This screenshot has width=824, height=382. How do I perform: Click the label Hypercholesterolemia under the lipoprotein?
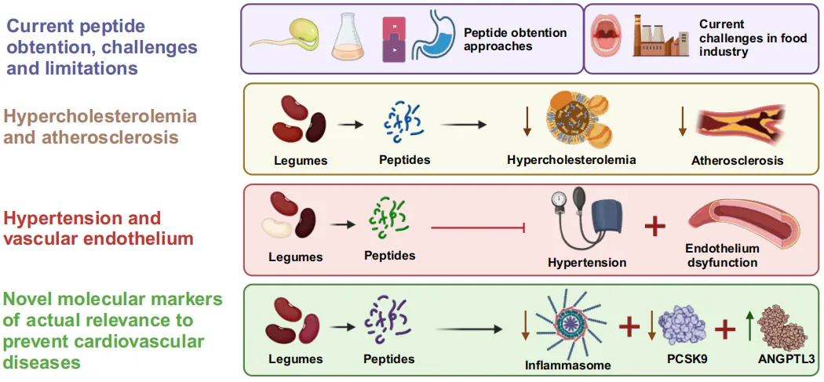[571, 160]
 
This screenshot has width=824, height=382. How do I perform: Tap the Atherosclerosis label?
[737, 161]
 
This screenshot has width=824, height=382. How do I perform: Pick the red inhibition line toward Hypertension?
[478, 228]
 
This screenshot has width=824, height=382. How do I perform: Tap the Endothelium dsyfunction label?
[723, 256]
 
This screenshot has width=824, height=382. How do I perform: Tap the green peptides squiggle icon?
[387, 220]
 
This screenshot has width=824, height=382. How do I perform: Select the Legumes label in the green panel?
[296, 359]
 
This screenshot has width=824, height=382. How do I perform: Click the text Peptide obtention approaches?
[515, 39]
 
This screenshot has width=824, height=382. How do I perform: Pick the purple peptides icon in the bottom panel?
[388, 322]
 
